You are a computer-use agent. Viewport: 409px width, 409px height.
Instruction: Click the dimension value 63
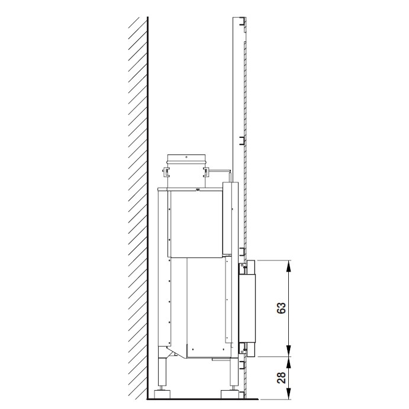[282, 308]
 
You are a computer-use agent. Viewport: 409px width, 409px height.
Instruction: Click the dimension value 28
[282, 378]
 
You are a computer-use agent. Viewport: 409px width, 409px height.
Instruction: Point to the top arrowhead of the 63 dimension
[288, 266]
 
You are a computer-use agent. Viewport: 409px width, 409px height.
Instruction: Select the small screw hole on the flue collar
[186, 157]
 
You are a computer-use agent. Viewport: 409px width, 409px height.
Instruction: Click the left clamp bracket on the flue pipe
[165, 172]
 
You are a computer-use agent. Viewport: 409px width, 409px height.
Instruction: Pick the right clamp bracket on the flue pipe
[206, 172]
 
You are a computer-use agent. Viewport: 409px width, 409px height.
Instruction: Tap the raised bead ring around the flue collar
[186, 163]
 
